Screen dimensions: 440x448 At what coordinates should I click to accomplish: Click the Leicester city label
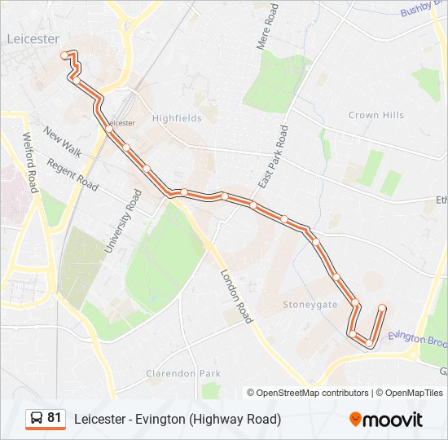[33, 38]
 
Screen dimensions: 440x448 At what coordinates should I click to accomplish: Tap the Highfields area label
[177, 118]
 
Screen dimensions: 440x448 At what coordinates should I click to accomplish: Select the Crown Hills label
[376, 115]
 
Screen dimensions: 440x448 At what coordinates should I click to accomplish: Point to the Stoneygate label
[310, 304]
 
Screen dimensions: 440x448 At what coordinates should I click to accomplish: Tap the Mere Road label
[268, 26]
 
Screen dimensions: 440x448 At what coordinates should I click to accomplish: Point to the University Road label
[123, 221]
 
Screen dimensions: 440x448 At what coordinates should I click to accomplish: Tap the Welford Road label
[31, 162]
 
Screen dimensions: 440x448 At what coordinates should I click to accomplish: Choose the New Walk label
[63, 143]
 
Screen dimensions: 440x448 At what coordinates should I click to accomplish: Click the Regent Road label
[72, 175]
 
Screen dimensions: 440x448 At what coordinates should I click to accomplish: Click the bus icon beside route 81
[37, 419]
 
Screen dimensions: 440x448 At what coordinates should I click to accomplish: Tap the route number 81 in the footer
[55, 418]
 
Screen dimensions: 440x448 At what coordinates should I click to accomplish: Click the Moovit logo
[386, 419]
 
